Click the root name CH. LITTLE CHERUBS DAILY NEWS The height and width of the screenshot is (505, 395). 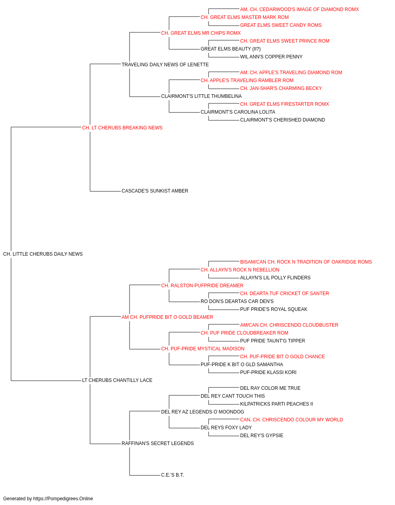[x=43, y=254]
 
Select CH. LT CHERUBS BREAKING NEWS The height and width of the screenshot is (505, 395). [x=122, y=128]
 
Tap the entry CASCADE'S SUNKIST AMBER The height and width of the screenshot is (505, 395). [x=155, y=191]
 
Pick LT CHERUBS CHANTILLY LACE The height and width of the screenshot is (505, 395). [x=117, y=380]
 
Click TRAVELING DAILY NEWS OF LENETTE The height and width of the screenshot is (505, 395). [x=165, y=65]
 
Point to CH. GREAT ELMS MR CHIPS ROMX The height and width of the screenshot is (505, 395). [x=201, y=33]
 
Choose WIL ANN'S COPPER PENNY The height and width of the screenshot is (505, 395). [x=271, y=57]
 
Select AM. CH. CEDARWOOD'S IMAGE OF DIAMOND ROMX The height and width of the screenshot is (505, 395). [x=299, y=9]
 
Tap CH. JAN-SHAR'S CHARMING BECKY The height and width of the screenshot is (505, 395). [x=281, y=88]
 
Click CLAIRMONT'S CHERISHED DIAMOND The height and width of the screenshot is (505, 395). [x=282, y=120]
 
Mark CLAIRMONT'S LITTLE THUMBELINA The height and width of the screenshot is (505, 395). [x=201, y=96]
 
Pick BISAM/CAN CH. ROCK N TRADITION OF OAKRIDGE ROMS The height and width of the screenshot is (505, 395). [x=306, y=262]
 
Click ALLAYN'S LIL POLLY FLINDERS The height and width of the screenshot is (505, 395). [x=275, y=278]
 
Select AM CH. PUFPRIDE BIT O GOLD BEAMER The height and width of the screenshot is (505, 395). [x=167, y=317]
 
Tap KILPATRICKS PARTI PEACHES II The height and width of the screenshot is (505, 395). [x=276, y=404]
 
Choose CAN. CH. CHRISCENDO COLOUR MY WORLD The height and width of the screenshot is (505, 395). [x=292, y=420]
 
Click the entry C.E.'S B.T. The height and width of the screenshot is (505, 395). [x=172, y=475]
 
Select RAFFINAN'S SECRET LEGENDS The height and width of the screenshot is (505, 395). [x=158, y=443]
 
